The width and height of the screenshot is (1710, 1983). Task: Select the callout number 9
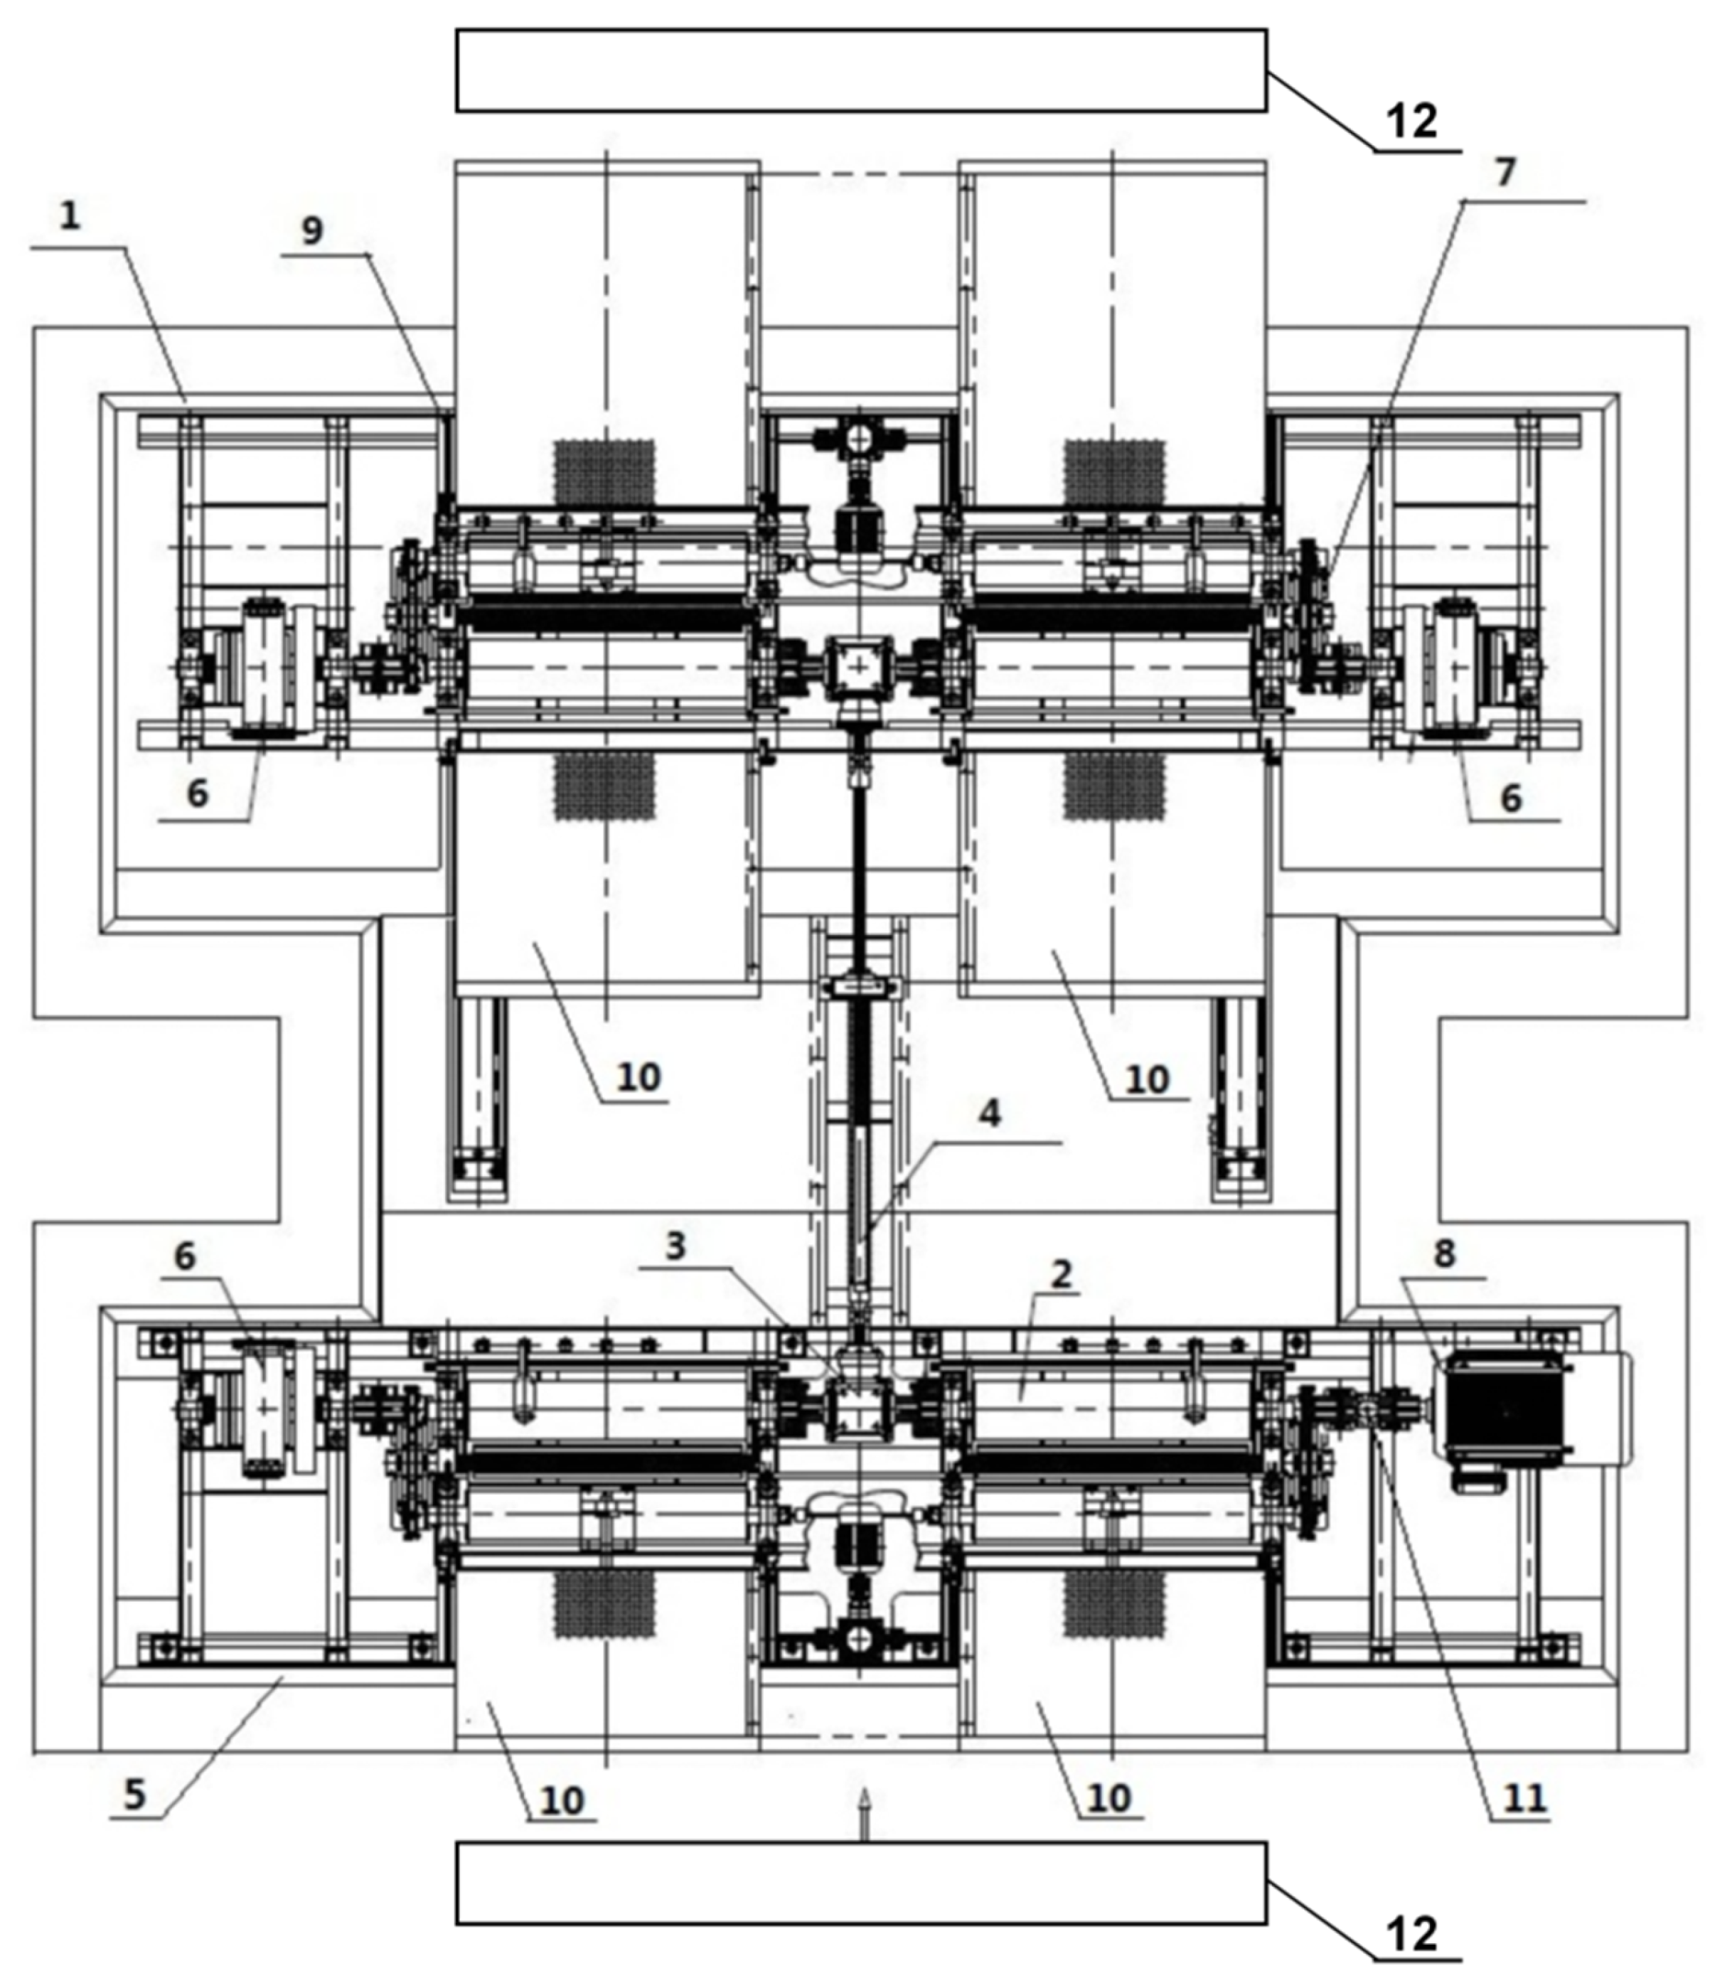312,230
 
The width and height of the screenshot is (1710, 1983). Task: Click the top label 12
1412,122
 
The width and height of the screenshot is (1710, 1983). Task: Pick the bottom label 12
1412,1934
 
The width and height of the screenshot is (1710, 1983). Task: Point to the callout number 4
990,1113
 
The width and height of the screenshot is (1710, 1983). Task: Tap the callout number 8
1444,1253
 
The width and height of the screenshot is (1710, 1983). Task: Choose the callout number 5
134,1795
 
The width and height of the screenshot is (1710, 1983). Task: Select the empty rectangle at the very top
861,70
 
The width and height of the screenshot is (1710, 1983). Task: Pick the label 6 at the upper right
1510,797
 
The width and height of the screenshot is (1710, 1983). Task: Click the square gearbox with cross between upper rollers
858,663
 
